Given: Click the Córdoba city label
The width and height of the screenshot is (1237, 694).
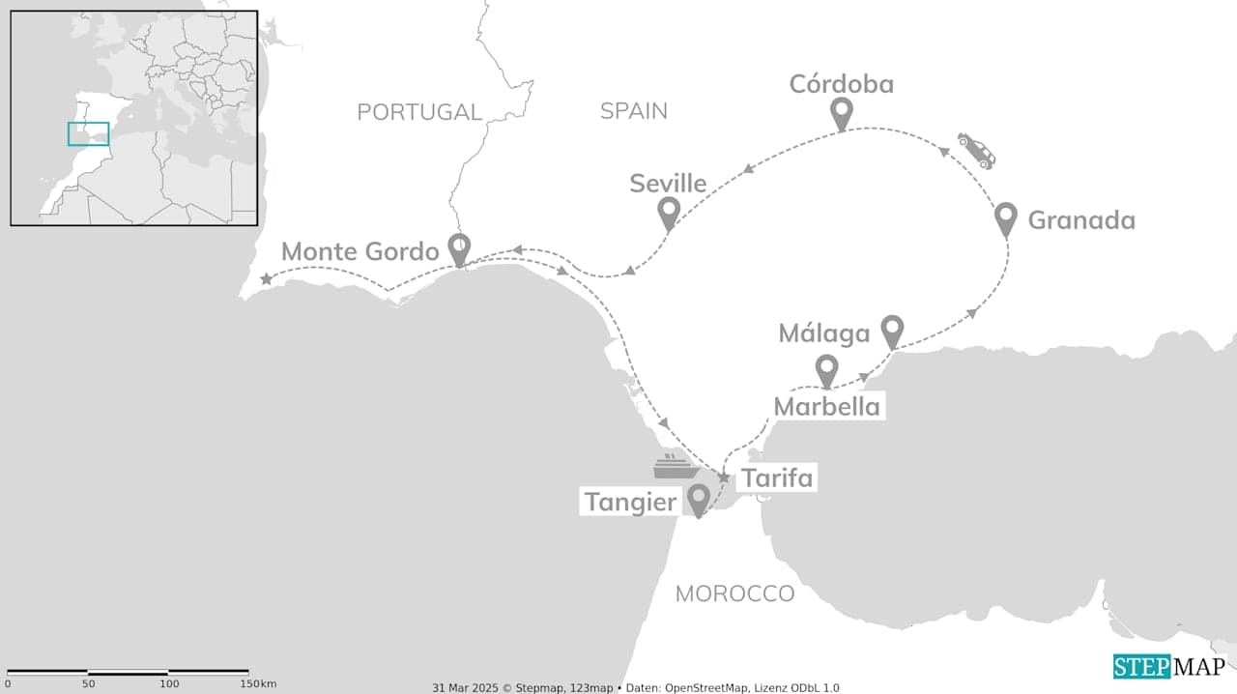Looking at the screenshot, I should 841,85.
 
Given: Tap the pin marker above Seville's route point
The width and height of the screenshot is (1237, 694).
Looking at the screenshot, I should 668,213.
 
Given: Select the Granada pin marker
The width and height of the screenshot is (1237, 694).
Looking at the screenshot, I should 1005,218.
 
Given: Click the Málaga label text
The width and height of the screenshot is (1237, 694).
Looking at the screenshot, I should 824,334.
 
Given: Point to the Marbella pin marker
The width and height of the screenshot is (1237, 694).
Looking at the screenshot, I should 826,370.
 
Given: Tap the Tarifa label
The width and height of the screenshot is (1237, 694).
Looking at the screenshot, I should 776,477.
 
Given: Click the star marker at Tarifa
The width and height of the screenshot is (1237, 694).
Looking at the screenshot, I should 723,477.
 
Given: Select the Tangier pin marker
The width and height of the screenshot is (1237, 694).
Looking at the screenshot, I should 698,499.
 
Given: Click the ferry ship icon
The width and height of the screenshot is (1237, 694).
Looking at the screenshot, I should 676,467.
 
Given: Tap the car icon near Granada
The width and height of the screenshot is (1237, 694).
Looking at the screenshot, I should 976,150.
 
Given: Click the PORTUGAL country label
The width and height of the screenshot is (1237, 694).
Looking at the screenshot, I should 419,112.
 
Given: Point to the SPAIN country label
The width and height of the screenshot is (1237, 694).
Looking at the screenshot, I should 634,111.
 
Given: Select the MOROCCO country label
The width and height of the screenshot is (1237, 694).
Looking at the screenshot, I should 734,593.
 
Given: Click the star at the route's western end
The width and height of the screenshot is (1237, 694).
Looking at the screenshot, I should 266,279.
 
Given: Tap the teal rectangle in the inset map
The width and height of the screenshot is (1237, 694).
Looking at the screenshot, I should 88,134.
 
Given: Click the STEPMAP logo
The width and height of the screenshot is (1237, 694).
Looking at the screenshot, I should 1168,667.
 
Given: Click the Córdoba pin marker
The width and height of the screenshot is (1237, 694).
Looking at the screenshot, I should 841,113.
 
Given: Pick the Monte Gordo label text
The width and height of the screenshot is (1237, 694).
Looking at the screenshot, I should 360,252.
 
